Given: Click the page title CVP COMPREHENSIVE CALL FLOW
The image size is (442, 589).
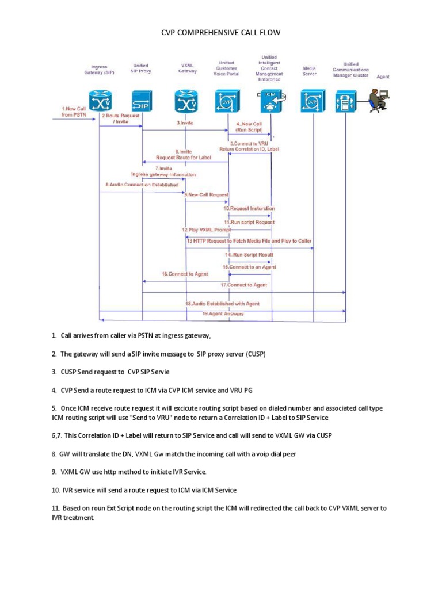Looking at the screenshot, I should pyautogui.click(x=220, y=33).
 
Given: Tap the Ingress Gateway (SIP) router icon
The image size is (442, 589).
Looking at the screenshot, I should pyautogui.click(x=100, y=102).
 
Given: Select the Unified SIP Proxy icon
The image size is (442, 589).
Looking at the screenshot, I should pyautogui.click(x=142, y=102).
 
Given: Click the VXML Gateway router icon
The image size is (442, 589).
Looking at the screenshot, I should pyautogui.click(x=186, y=102).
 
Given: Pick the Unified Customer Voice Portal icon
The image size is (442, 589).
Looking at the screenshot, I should pyautogui.click(x=226, y=102).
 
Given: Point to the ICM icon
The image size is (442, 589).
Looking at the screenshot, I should pyautogui.click(x=270, y=101).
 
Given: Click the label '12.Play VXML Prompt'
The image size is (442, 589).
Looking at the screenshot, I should pyautogui.click(x=206, y=230).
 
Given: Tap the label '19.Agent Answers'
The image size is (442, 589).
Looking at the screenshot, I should pyautogui.click(x=223, y=313).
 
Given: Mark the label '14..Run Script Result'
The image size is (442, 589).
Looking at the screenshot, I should pyautogui.click(x=249, y=254).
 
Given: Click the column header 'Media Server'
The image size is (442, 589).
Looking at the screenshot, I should pyautogui.click(x=310, y=71).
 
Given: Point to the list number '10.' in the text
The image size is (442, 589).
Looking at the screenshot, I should pyautogui.click(x=55, y=490).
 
